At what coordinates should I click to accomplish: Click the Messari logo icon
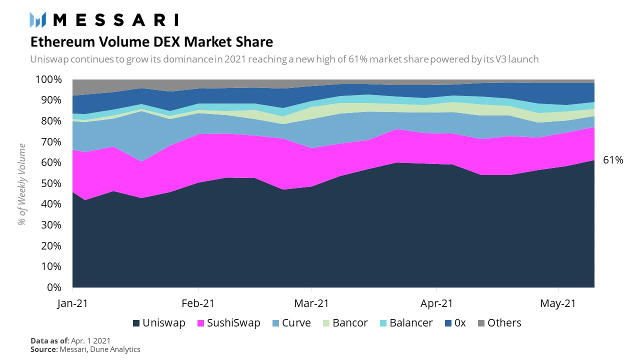(x=38, y=19)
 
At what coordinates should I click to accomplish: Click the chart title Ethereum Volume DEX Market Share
(x=151, y=40)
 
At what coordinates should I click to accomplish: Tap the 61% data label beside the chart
(x=613, y=160)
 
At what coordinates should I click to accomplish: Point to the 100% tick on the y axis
(x=48, y=80)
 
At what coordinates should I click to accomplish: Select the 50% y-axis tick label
(x=51, y=183)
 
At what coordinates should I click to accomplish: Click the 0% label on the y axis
(x=54, y=287)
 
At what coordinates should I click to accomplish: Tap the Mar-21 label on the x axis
(x=311, y=303)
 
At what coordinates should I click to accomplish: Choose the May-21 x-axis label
(x=558, y=303)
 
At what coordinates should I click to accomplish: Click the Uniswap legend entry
(x=158, y=323)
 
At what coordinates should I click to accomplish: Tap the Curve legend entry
(x=291, y=323)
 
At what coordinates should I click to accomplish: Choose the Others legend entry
(x=498, y=323)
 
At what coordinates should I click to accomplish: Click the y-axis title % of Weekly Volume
(x=22, y=183)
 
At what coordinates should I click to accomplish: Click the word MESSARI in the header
(x=115, y=20)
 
